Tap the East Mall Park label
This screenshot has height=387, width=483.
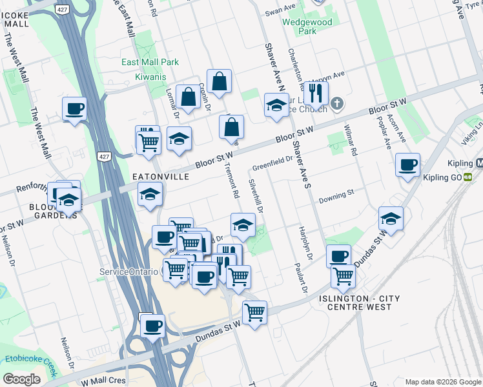[x=150, y=63]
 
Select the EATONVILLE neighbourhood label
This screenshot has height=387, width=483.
[x=161, y=176]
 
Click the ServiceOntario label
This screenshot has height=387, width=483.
[x=128, y=272]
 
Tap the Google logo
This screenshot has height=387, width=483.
[x=21, y=379]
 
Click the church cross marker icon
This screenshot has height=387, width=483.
[x=336, y=103]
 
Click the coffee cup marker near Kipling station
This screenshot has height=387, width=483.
[x=407, y=164]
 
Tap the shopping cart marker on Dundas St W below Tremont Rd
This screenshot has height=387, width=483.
[x=254, y=312]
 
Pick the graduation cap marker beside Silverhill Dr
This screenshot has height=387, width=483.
[x=243, y=224]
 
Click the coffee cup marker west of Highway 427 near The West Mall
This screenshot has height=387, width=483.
[x=74, y=108]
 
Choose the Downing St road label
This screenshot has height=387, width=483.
[x=337, y=193]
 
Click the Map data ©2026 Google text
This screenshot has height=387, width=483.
[x=442, y=382]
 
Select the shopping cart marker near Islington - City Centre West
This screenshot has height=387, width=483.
[x=343, y=276]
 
